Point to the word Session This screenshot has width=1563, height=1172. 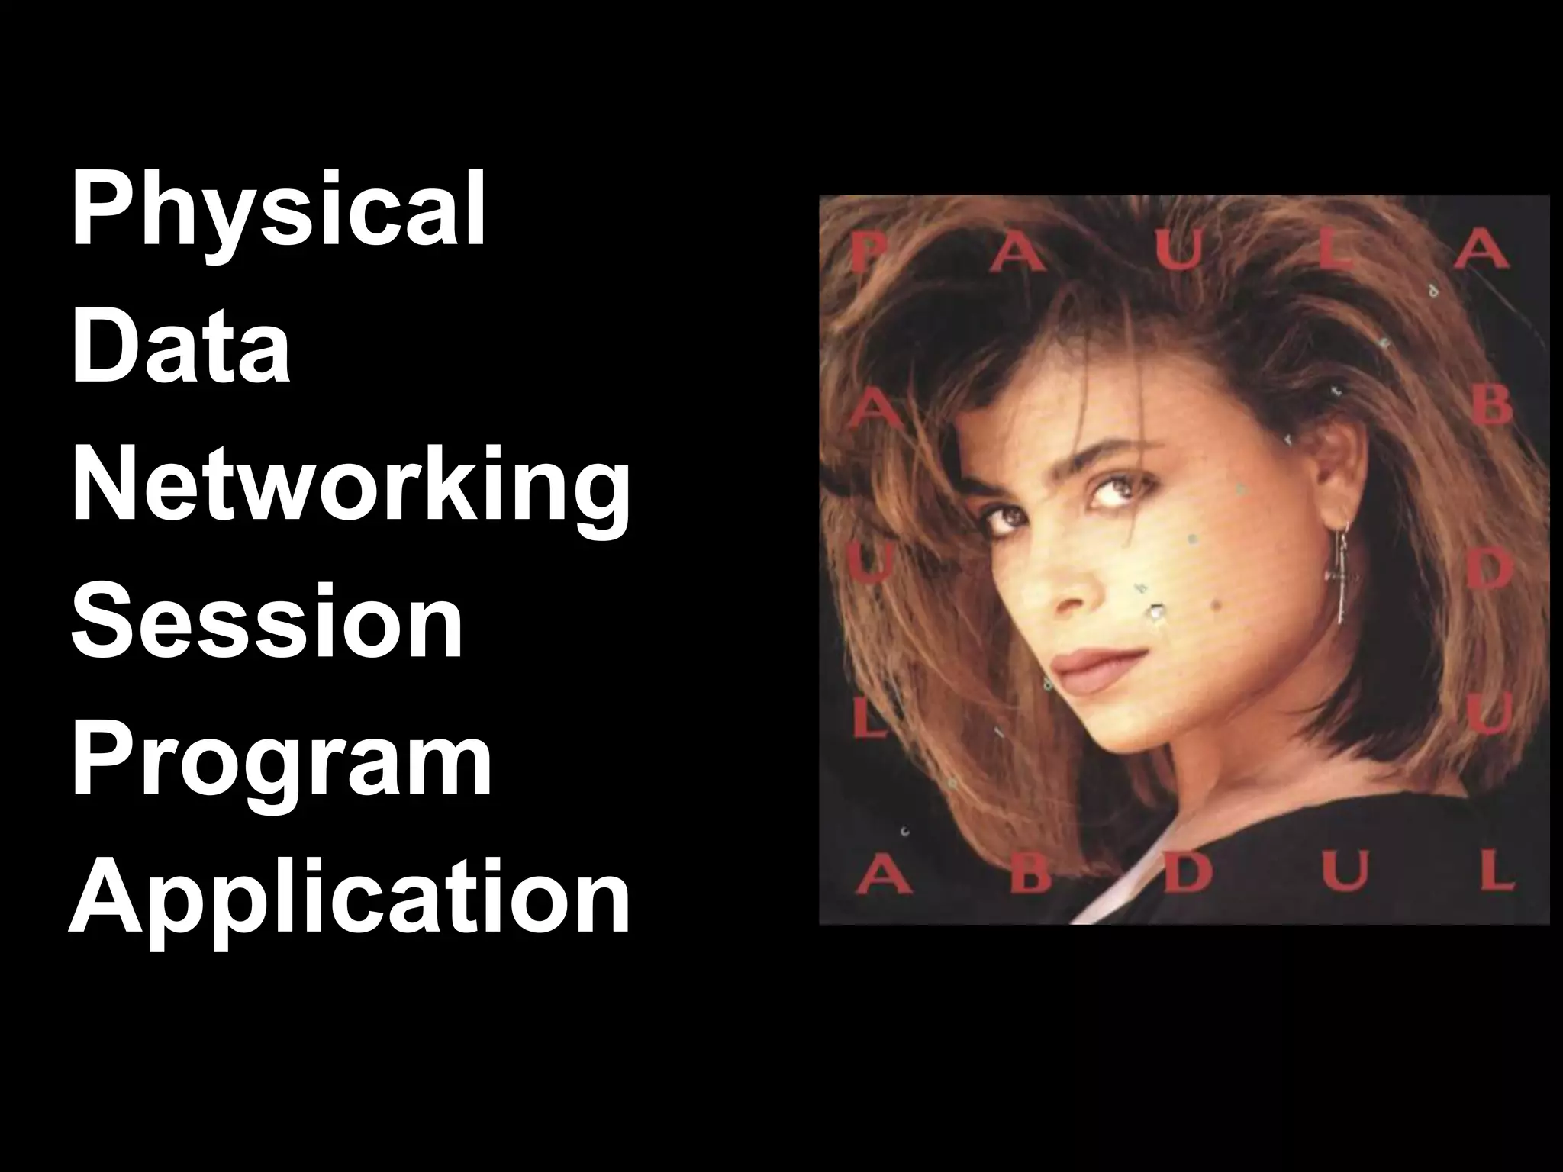(x=267, y=622)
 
